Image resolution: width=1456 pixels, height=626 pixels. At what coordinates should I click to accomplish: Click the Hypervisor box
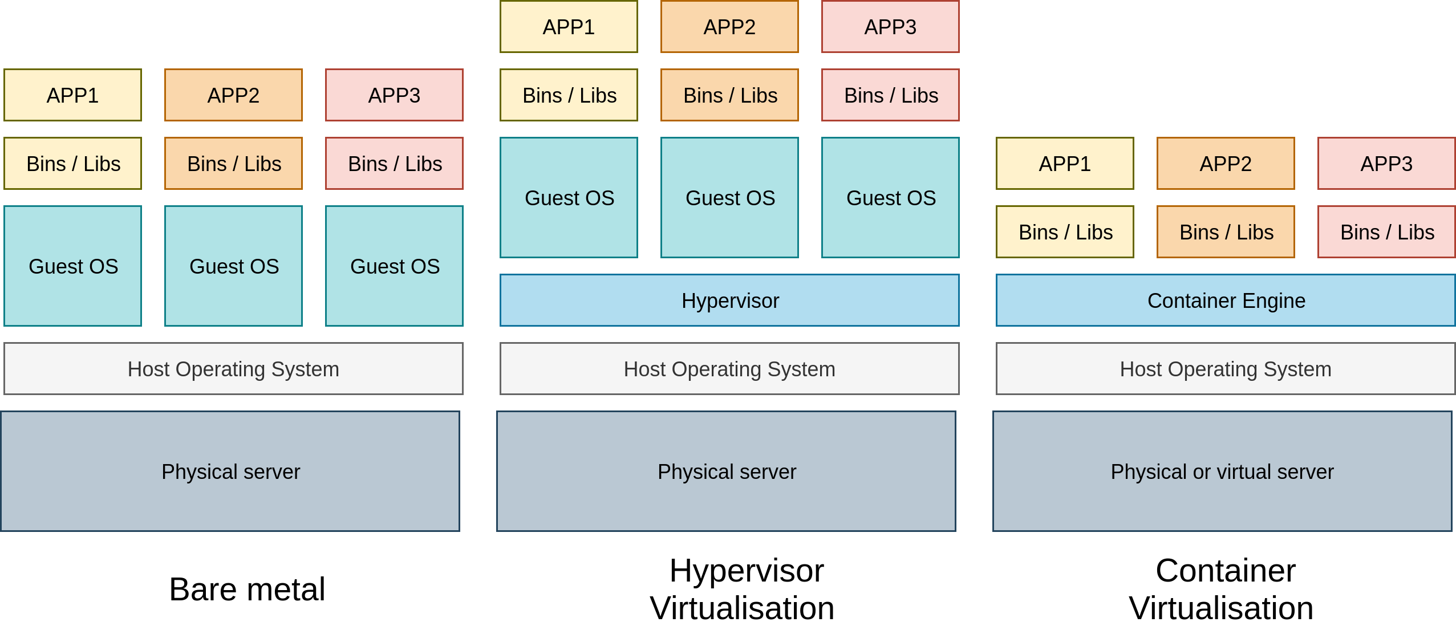coord(729,300)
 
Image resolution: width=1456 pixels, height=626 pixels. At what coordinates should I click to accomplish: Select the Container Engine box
coord(1226,300)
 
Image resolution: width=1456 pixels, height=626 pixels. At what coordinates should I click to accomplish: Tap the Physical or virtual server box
coord(1222,471)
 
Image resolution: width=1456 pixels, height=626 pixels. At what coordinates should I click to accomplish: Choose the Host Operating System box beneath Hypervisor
coord(729,369)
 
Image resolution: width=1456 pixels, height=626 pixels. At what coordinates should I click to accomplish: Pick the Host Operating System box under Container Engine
coord(1226,369)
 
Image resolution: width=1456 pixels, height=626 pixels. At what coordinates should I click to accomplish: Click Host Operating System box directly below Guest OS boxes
coord(233,369)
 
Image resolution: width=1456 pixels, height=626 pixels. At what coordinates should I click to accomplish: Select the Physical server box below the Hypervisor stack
coord(726,471)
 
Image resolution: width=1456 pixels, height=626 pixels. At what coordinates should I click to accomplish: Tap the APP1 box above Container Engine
coord(1065,164)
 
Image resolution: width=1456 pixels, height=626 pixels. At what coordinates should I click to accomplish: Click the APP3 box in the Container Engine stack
coord(1386,164)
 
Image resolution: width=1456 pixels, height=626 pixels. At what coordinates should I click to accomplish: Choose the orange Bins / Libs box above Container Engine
coord(1226,232)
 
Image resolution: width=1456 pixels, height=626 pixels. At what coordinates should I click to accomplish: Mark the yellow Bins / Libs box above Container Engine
coord(1065,232)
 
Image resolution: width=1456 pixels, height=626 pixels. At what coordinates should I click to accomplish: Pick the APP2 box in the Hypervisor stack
coord(729,27)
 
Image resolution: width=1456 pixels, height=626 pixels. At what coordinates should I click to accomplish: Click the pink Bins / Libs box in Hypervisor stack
coord(890,95)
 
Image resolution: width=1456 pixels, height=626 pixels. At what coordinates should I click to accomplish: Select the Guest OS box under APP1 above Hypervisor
coord(569,198)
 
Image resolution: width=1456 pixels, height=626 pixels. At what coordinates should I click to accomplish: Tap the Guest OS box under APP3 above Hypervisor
coord(890,198)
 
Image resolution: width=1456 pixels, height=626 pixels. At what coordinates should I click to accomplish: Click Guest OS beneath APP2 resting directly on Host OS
coord(233,266)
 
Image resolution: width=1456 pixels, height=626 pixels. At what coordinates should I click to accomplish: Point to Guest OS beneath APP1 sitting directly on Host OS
coord(72,266)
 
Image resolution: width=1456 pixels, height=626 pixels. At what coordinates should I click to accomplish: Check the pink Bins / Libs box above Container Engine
coord(1386,232)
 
